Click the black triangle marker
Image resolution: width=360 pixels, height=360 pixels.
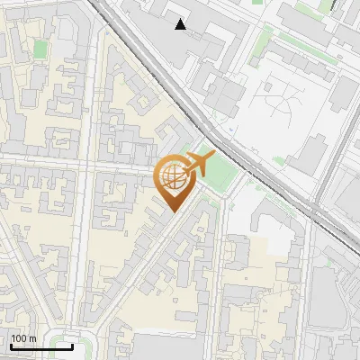[x=181, y=24]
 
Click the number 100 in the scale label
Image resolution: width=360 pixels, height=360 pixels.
[x=19, y=338]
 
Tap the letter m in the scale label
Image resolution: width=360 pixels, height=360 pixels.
[x=33, y=338]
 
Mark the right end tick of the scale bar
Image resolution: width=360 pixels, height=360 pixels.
[x=73, y=346]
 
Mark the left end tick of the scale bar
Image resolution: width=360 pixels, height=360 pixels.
[x=10, y=346]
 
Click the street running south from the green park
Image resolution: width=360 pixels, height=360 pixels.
[x=221, y=270]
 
